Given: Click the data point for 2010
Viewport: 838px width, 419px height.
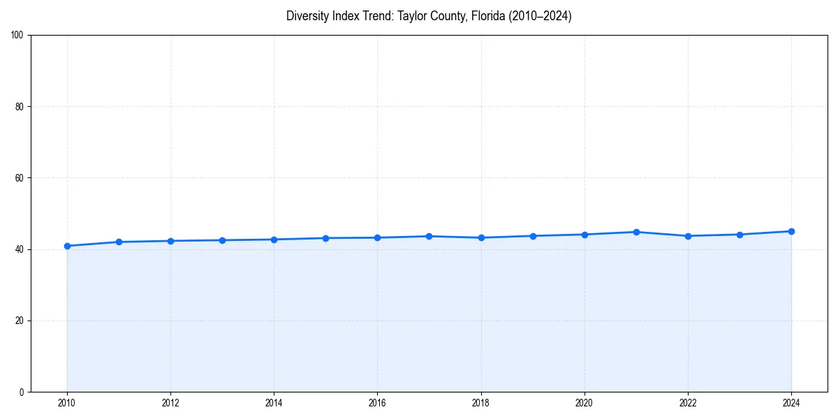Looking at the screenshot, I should tap(67, 246).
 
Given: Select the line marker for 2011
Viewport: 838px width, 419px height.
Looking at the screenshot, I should tap(119, 242).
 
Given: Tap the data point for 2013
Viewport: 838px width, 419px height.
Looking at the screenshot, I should tap(222, 240).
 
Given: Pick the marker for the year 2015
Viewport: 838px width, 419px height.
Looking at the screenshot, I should tap(325, 238).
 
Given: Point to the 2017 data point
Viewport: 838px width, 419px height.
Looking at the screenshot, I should tap(429, 236).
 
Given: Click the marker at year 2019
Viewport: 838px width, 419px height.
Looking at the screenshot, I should tap(533, 236).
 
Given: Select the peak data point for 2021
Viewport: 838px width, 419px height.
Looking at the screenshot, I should tap(636, 232).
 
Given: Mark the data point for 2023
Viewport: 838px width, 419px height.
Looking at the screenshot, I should tap(740, 235).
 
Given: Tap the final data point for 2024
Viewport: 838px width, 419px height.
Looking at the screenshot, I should tap(791, 231).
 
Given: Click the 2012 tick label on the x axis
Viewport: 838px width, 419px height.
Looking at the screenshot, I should tap(170, 403).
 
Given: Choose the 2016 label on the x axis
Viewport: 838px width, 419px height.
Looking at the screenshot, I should tap(377, 403).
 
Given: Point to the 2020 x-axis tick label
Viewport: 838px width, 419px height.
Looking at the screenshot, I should tap(585, 403).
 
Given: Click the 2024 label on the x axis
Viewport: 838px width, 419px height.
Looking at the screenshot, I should tap(791, 403).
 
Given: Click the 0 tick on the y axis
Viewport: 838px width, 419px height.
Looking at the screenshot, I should tap(22, 392).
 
